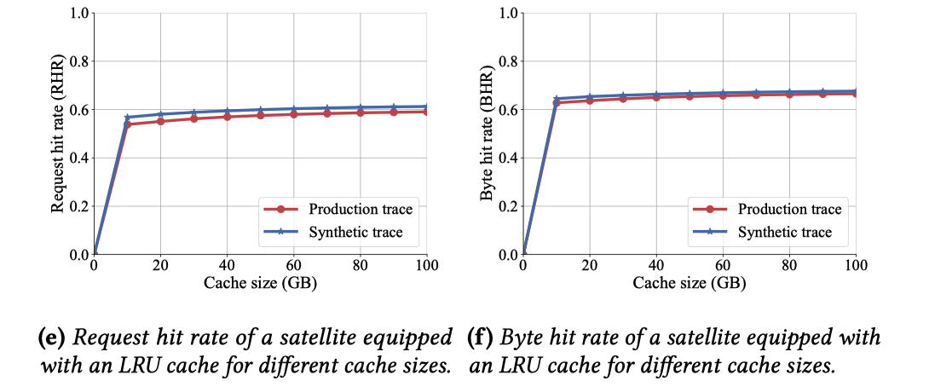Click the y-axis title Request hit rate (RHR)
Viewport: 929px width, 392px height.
pos(58,134)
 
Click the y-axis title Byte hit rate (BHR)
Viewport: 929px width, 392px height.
pos(487,134)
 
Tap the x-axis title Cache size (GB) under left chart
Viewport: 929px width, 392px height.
pos(260,284)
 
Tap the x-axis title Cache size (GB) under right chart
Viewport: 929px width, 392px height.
pos(689,284)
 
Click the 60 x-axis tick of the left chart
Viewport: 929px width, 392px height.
pos(293,266)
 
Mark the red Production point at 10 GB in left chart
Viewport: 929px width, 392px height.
pos(128,124)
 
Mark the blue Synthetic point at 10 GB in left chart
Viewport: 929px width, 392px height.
pos(128,118)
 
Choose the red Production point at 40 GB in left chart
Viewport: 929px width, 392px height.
pos(228,116)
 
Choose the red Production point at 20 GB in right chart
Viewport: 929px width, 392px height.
pos(590,101)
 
